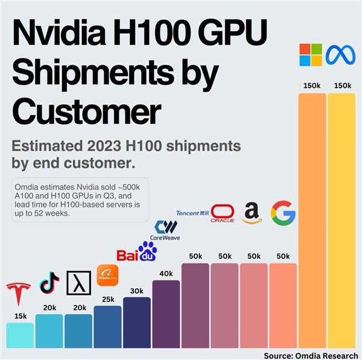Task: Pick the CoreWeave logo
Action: point(166,230)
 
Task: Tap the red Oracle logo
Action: point(223,214)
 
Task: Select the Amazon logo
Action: point(253,213)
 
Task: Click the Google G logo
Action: point(283,213)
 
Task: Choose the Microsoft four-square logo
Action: point(311,54)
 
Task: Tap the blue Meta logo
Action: point(340,55)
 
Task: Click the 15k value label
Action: point(21,315)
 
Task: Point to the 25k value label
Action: point(107,298)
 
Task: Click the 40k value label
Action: point(166,273)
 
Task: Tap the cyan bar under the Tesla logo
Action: point(21,335)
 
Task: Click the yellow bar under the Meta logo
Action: point(342,217)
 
